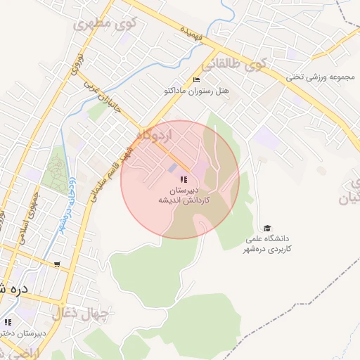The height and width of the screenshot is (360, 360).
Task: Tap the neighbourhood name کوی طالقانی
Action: [x=236, y=64]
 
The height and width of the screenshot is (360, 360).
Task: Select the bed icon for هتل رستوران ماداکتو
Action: [x=196, y=79]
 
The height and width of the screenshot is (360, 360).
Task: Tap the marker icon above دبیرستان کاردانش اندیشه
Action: [x=184, y=180]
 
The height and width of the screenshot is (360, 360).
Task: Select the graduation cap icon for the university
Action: [x=267, y=228]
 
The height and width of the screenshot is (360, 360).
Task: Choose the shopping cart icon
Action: [x=57, y=265]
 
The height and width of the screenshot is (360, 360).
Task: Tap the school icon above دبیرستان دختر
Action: [x=8, y=322]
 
